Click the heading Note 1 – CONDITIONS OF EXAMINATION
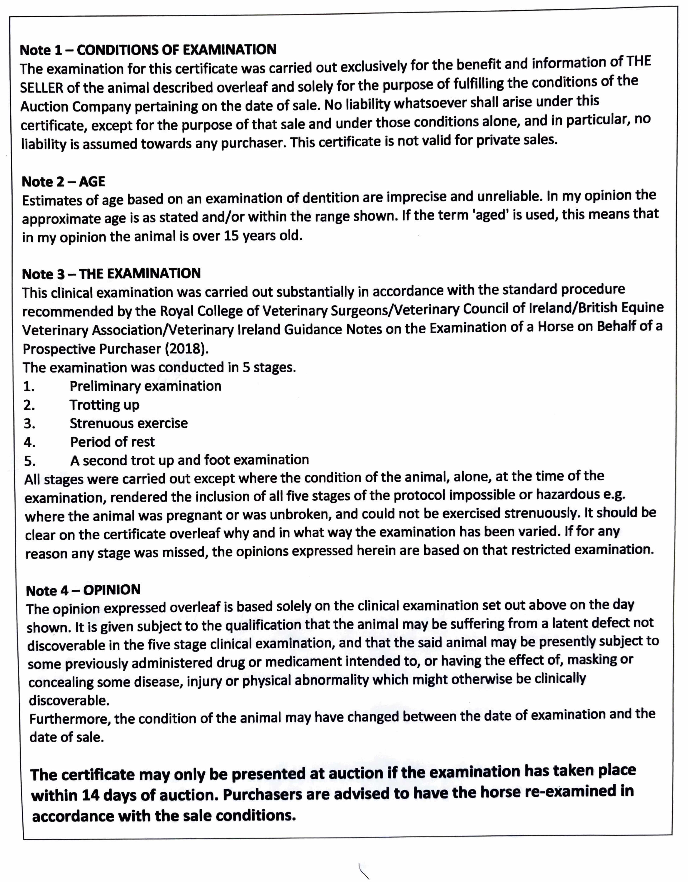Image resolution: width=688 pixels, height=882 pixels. [x=148, y=50]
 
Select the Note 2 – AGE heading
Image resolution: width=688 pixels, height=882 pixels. [x=63, y=182]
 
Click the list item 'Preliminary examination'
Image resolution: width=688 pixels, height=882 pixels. [x=145, y=386]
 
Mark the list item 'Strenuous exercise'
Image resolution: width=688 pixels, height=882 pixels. [x=128, y=423]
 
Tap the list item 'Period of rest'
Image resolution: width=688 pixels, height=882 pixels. [x=112, y=442]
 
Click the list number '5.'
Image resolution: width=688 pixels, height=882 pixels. [x=29, y=461]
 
